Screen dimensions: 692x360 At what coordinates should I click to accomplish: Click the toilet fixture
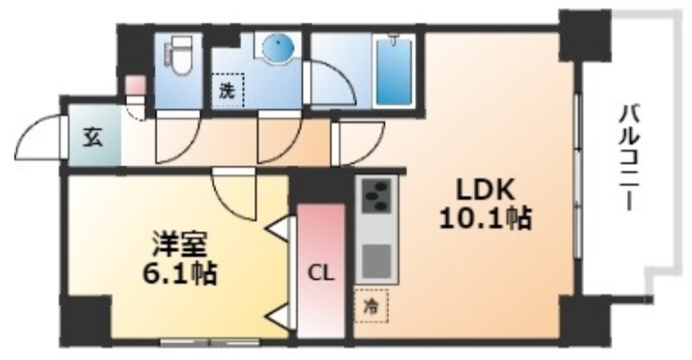click(x=178, y=56)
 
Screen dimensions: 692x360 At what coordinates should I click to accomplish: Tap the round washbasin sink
click(x=278, y=47)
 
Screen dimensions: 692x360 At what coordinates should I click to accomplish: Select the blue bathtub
click(x=394, y=71)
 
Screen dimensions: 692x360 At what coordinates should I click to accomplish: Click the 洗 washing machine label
click(x=227, y=92)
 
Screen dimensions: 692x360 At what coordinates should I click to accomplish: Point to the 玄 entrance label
click(x=93, y=138)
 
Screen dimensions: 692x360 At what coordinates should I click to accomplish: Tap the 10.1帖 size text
click(x=485, y=219)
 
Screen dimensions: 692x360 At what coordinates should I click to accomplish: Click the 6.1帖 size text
click(x=179, y=273)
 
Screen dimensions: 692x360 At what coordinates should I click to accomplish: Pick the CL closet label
click(x=320, y=273)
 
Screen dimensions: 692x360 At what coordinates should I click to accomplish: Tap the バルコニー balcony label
click(x=629, y=157)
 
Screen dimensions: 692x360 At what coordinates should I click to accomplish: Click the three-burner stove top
click(x=376, y=196)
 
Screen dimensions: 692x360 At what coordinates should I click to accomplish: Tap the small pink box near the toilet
click(x=135, y=84)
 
